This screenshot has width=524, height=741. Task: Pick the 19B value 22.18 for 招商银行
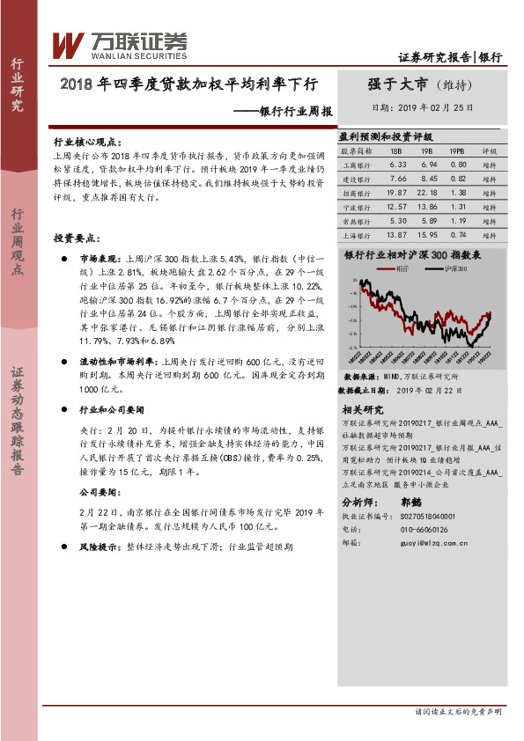(427, 192)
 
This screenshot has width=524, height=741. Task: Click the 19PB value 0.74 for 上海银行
(458, 235)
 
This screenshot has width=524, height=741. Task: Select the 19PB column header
(458, 150)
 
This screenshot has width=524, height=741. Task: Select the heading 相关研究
(361, 409)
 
